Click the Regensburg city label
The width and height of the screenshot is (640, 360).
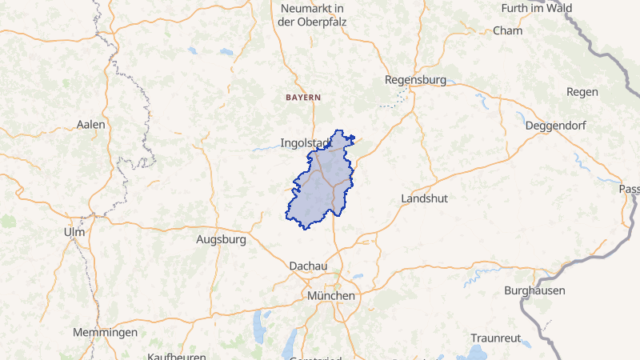(x=415, y=80)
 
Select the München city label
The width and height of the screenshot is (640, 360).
(x=330, y=296)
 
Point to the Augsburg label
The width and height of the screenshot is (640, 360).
(x=221, y=239)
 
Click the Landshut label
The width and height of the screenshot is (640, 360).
(x=423, y=198)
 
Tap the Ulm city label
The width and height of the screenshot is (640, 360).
(x=74, y=232)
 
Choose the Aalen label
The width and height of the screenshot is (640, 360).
(x=90, y=125)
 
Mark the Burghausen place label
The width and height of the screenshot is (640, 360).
(x=535, y=291)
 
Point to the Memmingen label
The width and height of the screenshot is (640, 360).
(x=105, y=333)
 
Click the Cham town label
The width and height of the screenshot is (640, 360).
(x=507, y=31)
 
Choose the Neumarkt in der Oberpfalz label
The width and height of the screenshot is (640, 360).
(x=310, y=15)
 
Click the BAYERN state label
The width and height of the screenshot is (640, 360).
(x=303, y=97)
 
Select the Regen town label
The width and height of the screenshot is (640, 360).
(x=582, y=92)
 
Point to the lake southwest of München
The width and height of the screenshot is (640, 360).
(x=258, y=328)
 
